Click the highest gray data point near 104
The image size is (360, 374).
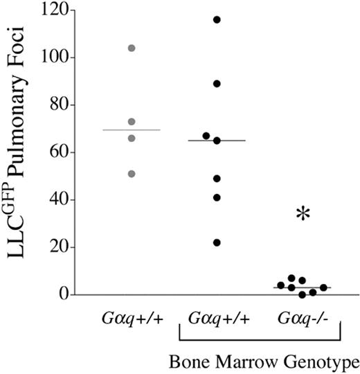point(132,48)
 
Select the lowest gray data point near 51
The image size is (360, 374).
point(132,173)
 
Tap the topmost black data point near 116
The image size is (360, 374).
point(217,19)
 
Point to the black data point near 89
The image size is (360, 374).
point(217,84)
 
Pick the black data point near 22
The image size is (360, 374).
point(217,242)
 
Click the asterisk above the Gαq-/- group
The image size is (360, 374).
point(303,215)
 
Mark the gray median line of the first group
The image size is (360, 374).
point(132,130)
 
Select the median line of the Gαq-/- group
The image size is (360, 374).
point(303,287)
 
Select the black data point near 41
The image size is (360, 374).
point(217,197)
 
